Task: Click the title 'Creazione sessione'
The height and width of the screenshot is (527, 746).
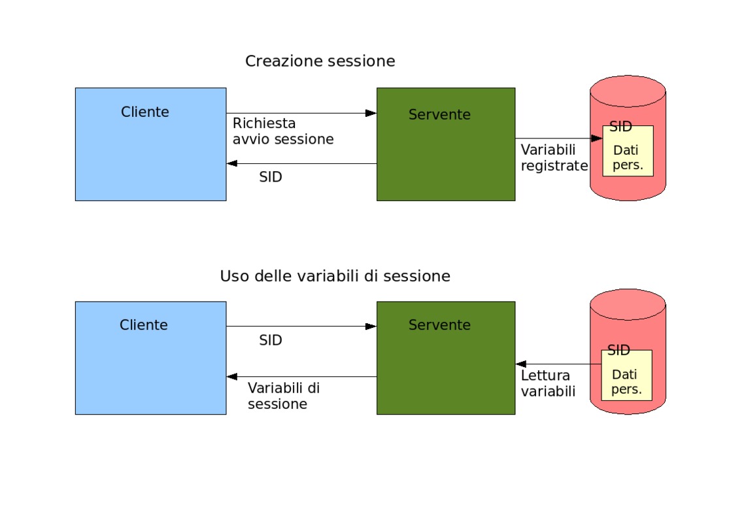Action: [x=320, y=61]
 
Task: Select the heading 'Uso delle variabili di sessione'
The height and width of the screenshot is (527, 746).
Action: [x=335, y=276]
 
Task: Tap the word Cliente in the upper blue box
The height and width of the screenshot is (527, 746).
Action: [x=144, y=112]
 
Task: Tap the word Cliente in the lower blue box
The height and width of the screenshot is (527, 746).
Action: [x=144, y=325]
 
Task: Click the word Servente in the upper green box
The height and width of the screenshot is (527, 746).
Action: [x=439, y=114]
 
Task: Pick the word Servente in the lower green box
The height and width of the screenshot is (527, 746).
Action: [x=439, y=325]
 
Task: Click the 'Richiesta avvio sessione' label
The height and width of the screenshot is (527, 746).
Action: [x=283, y=131]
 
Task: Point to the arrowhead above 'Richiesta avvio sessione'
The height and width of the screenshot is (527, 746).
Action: [x=371, y=113]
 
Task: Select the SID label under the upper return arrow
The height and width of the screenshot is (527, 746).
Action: [x=271, y=177]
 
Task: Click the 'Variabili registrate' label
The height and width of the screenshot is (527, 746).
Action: [x=554, y=158]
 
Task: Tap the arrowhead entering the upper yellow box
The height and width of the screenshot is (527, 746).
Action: [x=597, y=138]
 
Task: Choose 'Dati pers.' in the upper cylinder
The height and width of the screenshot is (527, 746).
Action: [x=628, y=157]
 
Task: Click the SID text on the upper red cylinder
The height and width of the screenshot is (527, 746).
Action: [x=621, y=127]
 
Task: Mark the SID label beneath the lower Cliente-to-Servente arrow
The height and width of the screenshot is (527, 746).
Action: [x=271, y=340]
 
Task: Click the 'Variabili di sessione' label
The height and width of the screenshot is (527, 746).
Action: [x=284, y=396]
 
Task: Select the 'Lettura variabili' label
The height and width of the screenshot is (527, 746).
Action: [x=548, y=383]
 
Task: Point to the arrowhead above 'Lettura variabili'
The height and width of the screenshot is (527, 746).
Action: [x=521, y=364]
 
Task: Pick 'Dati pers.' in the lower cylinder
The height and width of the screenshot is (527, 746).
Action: [x=626, y=381]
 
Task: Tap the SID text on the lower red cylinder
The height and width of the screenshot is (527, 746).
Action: [x=619, y=350]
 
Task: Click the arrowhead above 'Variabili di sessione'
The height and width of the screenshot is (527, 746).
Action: [x=232, y=377]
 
